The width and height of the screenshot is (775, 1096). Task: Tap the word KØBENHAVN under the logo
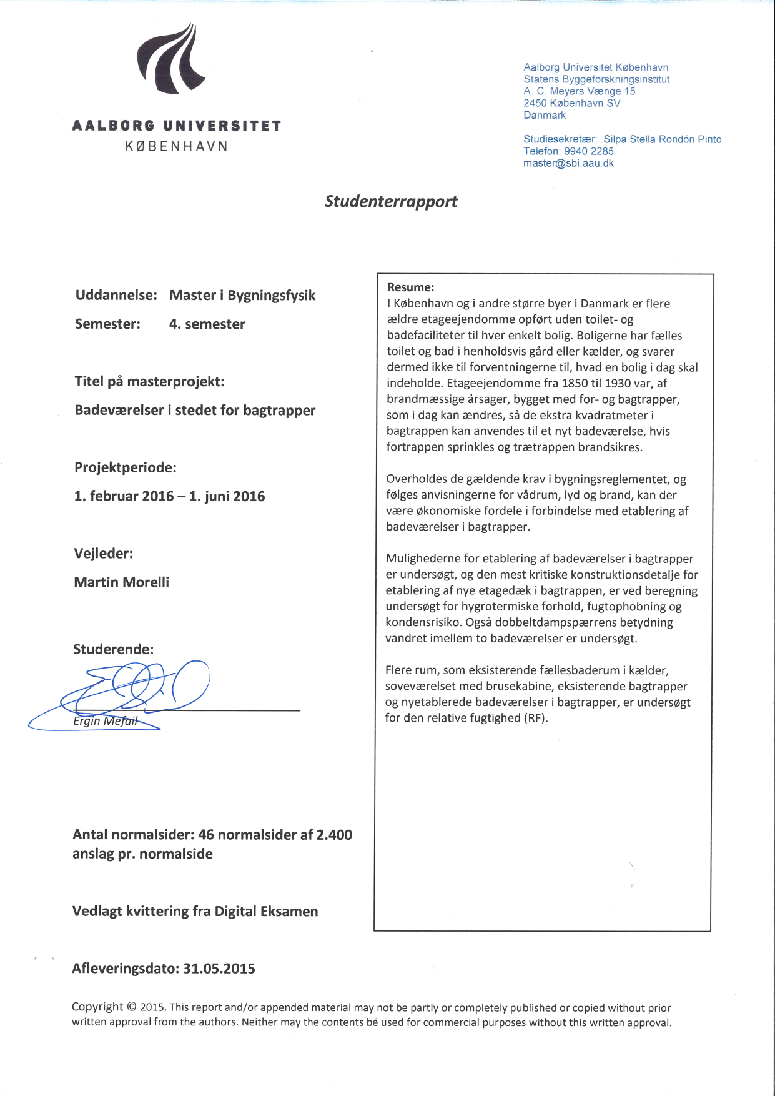click(177, 146)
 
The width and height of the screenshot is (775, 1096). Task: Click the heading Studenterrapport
click(391, 201)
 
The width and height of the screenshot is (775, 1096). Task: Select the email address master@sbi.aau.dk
click(568, 163)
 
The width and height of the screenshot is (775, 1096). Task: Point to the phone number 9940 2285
click(589, 151)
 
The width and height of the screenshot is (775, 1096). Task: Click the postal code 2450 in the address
click(535, 103)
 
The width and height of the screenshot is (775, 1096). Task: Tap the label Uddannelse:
click(116, 295)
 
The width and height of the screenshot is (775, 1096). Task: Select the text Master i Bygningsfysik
click(242, 295)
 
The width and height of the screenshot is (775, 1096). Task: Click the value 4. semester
click(207, 324)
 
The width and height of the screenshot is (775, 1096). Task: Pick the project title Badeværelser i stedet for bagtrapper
click(195, 410)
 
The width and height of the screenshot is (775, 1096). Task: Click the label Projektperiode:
click(126, 467)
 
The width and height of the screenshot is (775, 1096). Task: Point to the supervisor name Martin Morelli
click(122, 582)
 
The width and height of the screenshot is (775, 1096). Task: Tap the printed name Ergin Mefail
click(105, 720)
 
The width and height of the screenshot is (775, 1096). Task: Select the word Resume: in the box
click(410, 287)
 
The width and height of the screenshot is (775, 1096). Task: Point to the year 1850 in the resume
click(575, 383)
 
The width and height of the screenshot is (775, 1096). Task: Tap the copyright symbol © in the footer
click(131, 1007)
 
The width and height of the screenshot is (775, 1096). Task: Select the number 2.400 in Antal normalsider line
click(334, 834)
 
